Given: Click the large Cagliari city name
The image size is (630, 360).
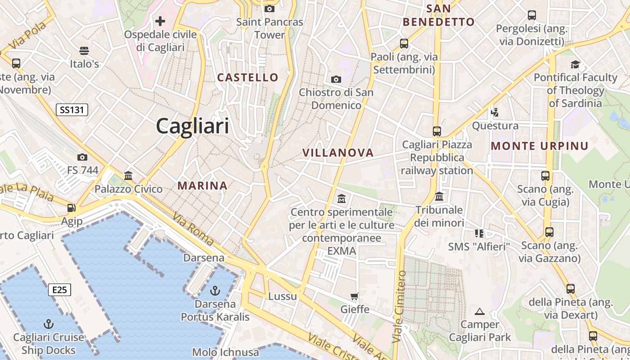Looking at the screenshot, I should pyautogui.click(x=193, y=126).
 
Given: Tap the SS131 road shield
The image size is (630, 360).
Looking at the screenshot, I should pyautogui.click(x=72, y=109).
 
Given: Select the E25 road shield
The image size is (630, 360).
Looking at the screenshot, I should pyautogui.click(x=59, y=290).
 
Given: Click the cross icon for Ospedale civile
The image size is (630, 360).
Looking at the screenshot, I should pyautogui.click(x=160, y=21).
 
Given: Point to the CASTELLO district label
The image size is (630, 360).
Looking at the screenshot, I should pyautogui.click(x=248, y=77).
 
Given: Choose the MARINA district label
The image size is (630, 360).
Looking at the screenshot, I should pyautogui.click(x=202, y=185).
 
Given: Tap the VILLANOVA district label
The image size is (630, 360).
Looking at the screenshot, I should pyautogui.click(x=338, y=153).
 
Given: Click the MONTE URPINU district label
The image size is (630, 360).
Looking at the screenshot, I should pyautogui.click(x=540, y=146).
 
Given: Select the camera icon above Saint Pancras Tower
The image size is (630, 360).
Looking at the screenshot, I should pyautogui.click(x=270, y=9).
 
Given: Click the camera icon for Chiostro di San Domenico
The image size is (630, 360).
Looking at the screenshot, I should pyautogui.click(x=336, y=80).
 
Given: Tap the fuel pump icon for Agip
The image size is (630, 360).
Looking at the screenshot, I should pyautogui.click(x=71, y=208).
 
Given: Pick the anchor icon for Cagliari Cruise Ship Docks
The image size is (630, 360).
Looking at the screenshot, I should pyautogui.click(x=48, y=324).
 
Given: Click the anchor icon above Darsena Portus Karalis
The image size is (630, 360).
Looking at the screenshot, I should pyautogui.click(x=215, y=291).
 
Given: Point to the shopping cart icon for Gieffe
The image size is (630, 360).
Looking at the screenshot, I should pyautogui.click(x=355, y=296).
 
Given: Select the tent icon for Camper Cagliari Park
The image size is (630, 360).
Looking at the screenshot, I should pyautogui.click(x=480, y=311).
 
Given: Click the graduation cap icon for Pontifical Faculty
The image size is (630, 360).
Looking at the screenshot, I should pyautogui.click(x=575, y=64).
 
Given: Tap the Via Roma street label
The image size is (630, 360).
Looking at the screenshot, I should pyautogui.click(x=193, y=230).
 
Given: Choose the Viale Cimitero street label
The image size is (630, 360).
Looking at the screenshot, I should pyautogui.click(x=399, y=306).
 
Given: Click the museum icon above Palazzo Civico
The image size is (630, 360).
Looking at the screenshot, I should pyautogui.click(x=128, y=175).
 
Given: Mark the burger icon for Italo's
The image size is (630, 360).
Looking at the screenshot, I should pyautogui.click(x=84, y=50).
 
